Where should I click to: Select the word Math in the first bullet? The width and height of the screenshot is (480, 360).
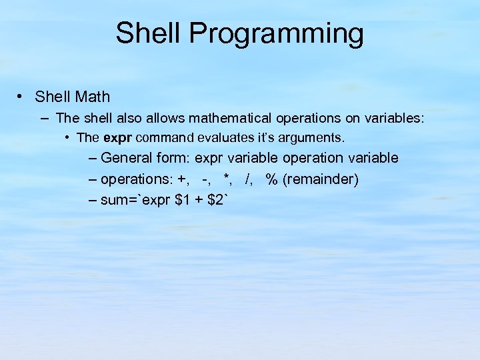tap(93, 97)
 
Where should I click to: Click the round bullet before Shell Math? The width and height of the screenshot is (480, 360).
tap(22, 97)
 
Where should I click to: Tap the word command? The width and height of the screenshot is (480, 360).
tap(159, 138)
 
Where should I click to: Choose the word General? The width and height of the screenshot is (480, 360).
tap(127, 159)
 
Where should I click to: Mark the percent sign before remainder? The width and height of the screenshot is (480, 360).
tap(271, 179)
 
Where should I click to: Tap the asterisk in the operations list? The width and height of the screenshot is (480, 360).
tap(227, 178)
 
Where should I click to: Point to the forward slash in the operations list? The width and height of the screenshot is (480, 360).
tap(248, 179)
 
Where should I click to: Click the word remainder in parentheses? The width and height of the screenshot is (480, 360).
tap(320, 179)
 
